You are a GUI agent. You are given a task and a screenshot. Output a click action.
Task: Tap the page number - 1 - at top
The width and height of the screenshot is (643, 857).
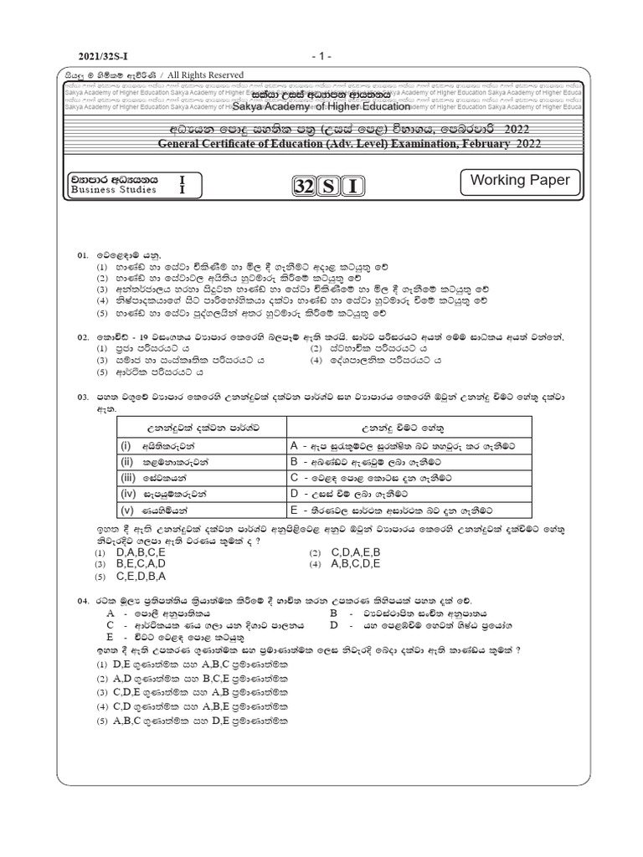pyautogui.click(x=321, y=56)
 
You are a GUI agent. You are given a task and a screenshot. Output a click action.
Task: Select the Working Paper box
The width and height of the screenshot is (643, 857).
pyautogui.click(x=519, y=181)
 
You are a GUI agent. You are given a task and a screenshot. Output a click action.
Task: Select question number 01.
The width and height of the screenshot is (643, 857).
pyautogui.click(x=82, y=253)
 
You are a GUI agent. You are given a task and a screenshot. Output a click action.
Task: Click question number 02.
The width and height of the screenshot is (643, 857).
pyautogui.click(x=82, y=336)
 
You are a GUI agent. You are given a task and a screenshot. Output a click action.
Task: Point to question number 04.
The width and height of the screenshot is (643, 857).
pyautogui.click(x=82, y=601)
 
